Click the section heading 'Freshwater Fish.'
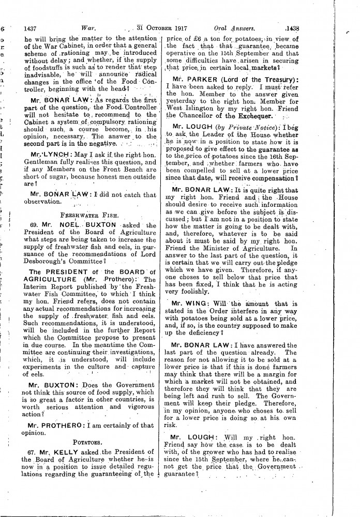point(90,213)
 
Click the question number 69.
point(30,225)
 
